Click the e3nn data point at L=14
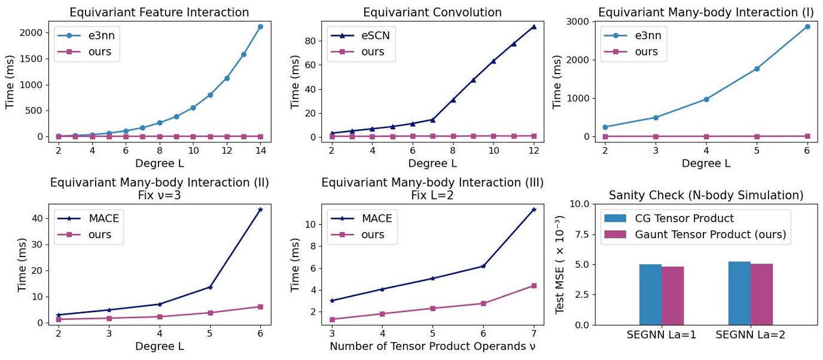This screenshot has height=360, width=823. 260,26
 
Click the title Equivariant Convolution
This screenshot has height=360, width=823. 432,13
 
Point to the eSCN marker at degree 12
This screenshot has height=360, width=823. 534,26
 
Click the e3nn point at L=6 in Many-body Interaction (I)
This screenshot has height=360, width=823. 807,26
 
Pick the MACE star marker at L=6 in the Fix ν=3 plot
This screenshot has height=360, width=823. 260,209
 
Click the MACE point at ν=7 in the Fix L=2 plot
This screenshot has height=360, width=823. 534,209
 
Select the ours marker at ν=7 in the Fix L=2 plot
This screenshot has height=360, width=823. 534,286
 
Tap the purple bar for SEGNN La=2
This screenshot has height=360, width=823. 761,294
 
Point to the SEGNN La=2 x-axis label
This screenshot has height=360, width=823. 750,335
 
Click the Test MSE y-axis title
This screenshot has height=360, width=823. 560,264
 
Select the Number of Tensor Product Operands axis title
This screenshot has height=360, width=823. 432,346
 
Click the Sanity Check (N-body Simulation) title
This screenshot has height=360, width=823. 706,196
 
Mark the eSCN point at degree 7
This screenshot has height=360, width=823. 432,120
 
